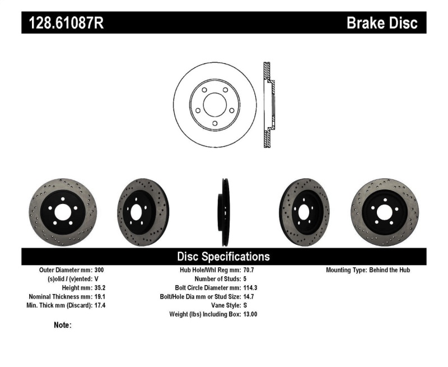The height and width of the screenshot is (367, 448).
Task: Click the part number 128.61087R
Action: point(62,23)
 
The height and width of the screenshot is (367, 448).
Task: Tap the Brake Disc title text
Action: point(382,23)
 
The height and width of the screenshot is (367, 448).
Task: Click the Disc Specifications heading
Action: point(223,257)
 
